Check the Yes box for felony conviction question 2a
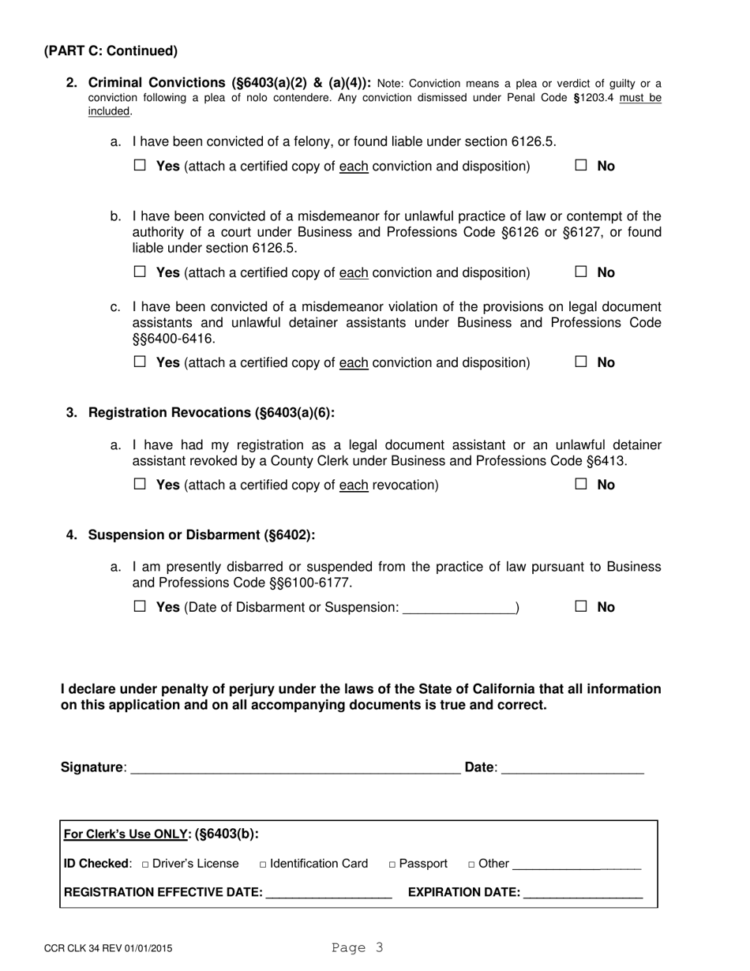coord(141,166)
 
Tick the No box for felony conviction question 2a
coord(581,166)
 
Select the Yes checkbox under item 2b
coord(141,272)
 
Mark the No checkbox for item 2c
coord(581,362)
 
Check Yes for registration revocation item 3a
coord(141,485)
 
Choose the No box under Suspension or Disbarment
coord(581,606)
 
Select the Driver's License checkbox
coord(146,864)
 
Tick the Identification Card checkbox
coord(263,864)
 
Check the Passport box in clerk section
coord(392,864)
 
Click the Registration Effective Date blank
coord(329,894)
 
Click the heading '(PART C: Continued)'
coord(111,51)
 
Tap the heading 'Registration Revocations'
coord(211,413)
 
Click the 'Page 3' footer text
coord(358,948)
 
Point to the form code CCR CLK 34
coord(108,949)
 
